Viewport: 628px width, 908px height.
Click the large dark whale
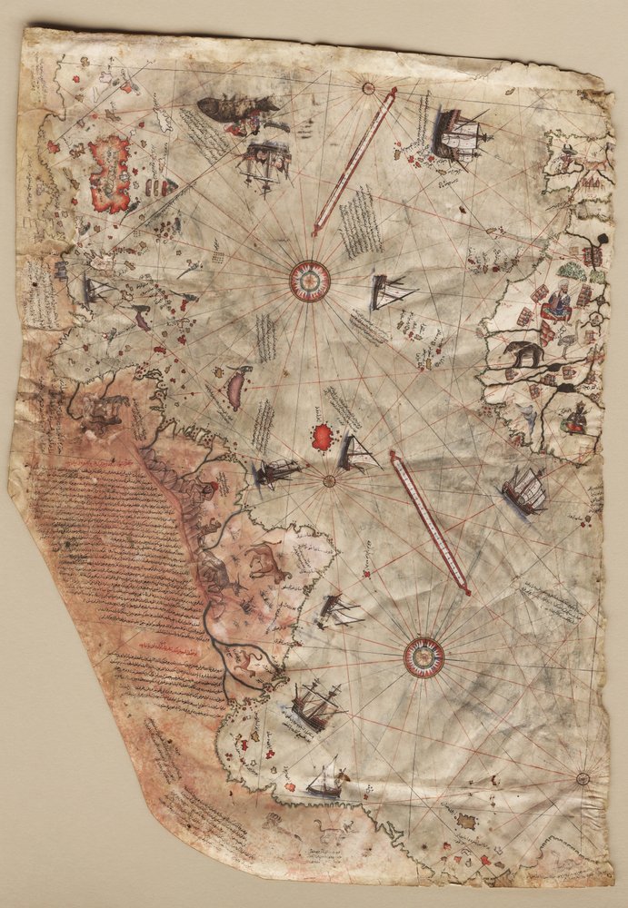coord(234,111)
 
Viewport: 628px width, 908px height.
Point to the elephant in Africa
coord(525,353)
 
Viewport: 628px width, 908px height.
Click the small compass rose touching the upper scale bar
coord(368,88)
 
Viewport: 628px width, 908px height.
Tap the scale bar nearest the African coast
coord(429,522)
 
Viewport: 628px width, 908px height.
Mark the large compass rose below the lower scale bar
coord(424,656)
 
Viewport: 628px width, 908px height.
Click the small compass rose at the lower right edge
coord(582,778)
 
